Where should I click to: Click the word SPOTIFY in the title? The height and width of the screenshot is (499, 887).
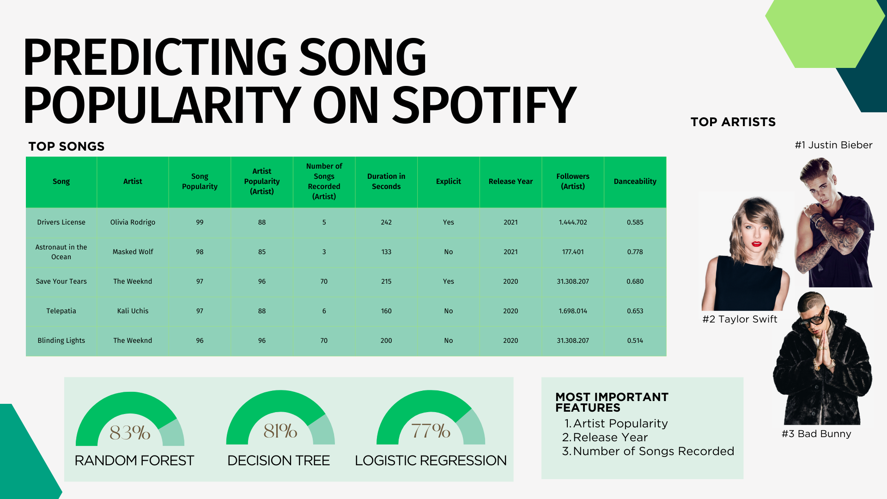pos(484,105)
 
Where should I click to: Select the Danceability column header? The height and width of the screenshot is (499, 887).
pos(635,182)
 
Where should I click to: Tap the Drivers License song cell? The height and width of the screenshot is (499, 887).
pos(61,222)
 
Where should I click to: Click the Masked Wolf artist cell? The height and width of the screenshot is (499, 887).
pos(133,252)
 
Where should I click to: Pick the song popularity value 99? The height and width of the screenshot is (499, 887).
pos(200,222)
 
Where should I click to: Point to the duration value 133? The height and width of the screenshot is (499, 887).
pos(386,252)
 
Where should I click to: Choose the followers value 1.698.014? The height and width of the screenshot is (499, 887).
pos(573,311)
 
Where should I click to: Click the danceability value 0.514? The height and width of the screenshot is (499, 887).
pos(635,341)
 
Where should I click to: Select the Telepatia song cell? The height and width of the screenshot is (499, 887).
pos(61,311)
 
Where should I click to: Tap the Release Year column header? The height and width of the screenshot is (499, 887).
pos(510,182)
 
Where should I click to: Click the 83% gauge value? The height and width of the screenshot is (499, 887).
pos(130,433)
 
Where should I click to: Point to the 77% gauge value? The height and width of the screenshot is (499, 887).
pos(431,431)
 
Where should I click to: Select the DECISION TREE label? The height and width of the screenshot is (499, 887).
pos(279,461)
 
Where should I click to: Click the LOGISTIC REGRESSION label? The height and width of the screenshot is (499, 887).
pos(431,461)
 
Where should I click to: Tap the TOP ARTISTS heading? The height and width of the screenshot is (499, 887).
pos(733,122)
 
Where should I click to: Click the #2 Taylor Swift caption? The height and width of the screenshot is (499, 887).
pos(740,319)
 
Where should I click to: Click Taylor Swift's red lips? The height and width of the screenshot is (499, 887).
pos(756,244)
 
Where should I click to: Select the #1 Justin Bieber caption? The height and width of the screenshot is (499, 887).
pos(833,145)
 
